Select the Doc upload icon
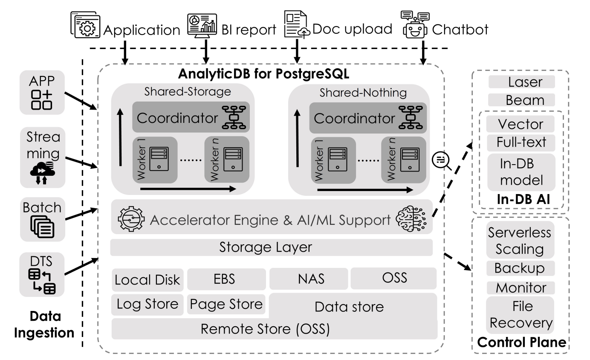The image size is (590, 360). point(296,26)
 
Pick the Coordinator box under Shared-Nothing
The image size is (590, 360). point(367,117)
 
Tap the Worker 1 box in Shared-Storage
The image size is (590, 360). point(155,160)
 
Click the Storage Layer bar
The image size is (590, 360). point(272,247)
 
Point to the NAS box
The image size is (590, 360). point(309,279)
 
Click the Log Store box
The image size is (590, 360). point(147,304)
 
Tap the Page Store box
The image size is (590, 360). point(226,304)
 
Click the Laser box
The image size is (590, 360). point(521,81)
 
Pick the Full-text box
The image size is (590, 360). point(521,142)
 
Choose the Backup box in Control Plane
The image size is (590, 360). point(520,268)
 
